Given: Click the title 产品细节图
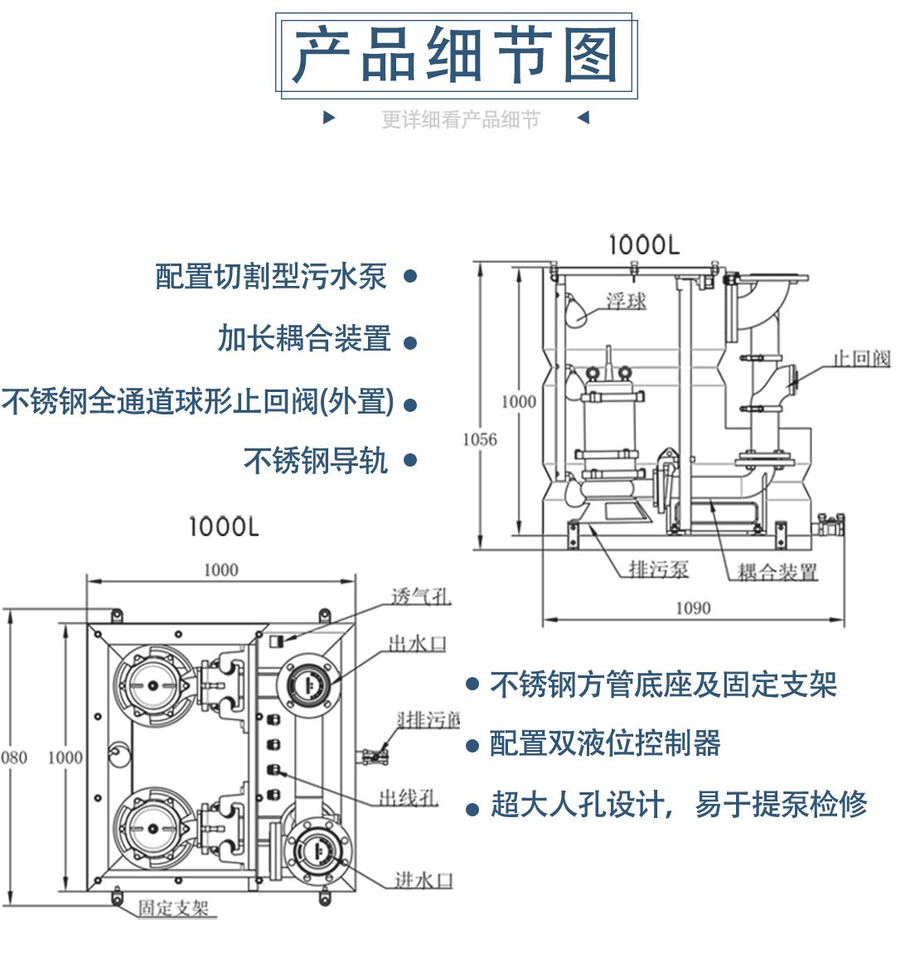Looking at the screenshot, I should (x=456, y=56).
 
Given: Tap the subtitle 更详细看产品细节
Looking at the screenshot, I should (x=460, y=119).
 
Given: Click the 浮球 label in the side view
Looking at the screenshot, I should (x=626, y=301).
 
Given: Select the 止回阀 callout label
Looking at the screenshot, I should (x=861, y=358).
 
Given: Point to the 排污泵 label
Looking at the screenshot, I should (x=658, y=569).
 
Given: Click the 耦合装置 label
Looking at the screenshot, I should (x=777, y=572).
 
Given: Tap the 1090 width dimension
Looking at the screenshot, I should (x=693, y=608).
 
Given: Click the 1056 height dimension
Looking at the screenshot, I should (x=480, y=439).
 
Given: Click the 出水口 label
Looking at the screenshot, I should (x=418, y=643).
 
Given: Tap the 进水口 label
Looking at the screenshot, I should (x=424, y=880).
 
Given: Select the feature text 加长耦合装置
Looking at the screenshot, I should (x=304, y=338).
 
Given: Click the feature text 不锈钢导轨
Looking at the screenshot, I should (x=316, y=460).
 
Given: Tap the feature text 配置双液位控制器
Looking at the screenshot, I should (x=605, y=743).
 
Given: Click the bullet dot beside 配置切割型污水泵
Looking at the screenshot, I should (x=409, y=276).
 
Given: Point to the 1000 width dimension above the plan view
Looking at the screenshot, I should (x=220, y=570).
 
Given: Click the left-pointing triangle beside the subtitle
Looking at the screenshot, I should (x=583, y=118).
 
